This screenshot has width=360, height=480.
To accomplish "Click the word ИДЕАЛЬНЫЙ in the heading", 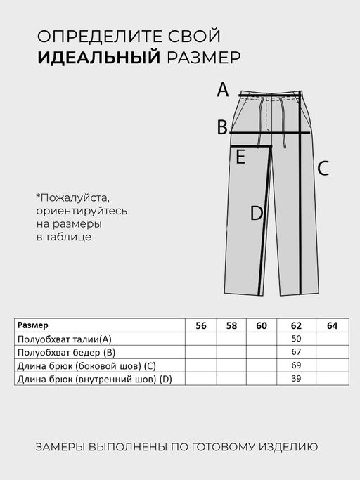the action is (99, 58).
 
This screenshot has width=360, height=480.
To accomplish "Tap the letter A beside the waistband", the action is (223, 90).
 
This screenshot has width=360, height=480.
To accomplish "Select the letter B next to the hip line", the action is (222, 127).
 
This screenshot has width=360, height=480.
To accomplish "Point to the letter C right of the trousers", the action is (323, 169).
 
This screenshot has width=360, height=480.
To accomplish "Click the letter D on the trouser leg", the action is (257, 214).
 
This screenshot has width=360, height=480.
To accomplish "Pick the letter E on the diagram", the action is (240, 157).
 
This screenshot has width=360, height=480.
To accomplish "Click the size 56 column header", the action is (201, 325).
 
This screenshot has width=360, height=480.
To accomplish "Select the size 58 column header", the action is (231, 325).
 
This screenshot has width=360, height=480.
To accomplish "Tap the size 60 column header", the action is (262, 325).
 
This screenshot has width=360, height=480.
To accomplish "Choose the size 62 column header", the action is (295, 325).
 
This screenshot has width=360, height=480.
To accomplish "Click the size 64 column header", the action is (332, 325).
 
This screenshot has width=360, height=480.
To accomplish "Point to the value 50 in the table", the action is (295, 339).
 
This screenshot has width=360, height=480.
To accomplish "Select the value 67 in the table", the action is (295, 352).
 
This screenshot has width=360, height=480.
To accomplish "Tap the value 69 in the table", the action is (295, 366).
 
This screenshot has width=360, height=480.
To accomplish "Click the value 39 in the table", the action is (295, 380).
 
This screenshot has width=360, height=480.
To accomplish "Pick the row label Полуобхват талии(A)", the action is (65, 339).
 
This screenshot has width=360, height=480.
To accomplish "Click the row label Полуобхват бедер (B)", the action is (66, 352).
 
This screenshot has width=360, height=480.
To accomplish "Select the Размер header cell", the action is (33, 325).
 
